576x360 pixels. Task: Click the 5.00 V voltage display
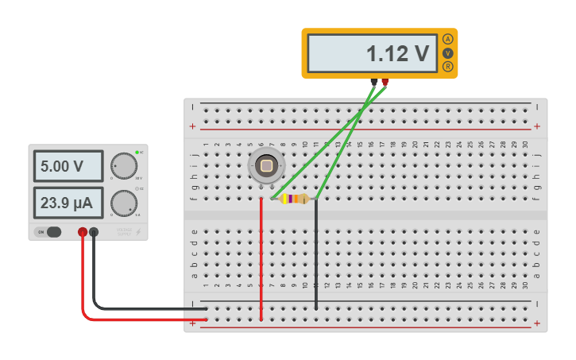click(68, 166)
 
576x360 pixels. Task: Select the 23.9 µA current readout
click(68, 203)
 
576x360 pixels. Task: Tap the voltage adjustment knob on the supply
click(124, 166)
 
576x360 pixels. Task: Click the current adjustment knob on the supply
click(124, 203)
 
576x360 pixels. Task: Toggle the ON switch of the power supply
click(49, 232)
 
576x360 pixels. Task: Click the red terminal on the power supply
click(83, 232)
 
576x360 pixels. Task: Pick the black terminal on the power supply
click(94, 232)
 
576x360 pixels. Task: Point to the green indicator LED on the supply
click(137, 152)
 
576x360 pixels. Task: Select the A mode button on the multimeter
click(448, 39)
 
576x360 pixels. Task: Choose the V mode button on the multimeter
click(448, 53)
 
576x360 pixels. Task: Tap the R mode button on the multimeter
click(448, 67)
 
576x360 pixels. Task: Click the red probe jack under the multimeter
click(385, 81)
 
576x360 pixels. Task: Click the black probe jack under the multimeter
click(373, 81)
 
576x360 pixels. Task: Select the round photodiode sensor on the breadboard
click(266, 166)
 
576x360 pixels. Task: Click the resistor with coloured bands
click(295, 199)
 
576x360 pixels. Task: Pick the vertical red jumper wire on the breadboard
click(261, 262)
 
